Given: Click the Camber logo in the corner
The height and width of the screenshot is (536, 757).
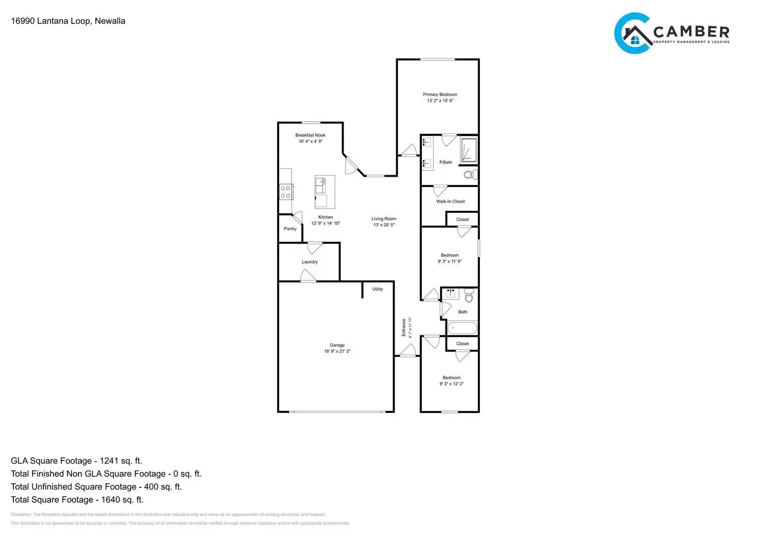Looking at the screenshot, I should coord(671,33).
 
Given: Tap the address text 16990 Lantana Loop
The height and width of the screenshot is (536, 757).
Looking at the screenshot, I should coord(68,21).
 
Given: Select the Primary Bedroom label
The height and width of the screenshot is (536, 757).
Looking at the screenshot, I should coord(440,94).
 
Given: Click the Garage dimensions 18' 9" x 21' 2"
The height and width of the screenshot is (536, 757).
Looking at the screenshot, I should coord(337,351).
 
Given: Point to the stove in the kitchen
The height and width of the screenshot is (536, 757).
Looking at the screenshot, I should coord(286,192).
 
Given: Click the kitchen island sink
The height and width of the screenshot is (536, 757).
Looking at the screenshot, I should coord(321,187).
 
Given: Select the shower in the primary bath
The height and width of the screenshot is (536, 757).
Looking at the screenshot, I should coord(468,151).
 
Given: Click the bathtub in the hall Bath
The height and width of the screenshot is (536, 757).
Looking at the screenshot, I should coord(462,328).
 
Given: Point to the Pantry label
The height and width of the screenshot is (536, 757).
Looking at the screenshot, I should coord(290,229).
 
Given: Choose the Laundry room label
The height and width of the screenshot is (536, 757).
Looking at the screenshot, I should coord(310,262).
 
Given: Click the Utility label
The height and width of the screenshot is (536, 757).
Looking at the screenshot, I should coord(378,289).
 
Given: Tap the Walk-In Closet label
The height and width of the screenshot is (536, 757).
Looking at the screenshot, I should coord(451,201).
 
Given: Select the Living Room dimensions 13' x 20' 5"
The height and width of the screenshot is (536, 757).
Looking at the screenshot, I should coord(384,225).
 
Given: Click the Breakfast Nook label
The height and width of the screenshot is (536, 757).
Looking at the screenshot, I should coord(310,135).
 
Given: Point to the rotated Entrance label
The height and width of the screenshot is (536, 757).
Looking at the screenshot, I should coord(404,328).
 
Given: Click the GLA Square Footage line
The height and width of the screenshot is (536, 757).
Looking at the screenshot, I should coord(76,461).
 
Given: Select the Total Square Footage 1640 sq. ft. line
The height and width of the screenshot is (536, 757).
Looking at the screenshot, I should coord(77,500).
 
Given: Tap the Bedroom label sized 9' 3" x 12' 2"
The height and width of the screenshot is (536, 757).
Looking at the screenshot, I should coord(451,378).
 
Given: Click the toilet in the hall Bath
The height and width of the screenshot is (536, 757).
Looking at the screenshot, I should coord(469,297).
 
